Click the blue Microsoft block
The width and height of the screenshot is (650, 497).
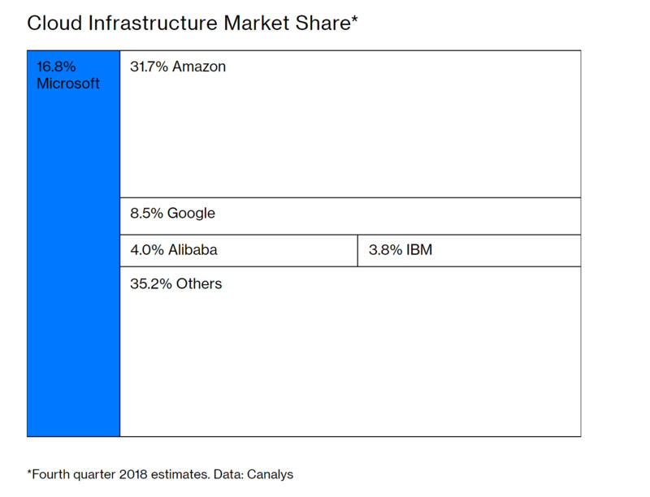(x=73, y=244)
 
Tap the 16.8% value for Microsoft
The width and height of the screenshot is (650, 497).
(x=56, y=67)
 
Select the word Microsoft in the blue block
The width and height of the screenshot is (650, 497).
(x=68, y=84)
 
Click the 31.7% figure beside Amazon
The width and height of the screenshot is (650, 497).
(x=149, y=67)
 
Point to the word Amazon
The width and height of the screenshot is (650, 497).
(x=199, y=67)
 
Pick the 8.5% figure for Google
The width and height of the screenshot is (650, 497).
(x=146, y=214)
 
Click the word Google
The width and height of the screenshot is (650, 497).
(x=191, y=214)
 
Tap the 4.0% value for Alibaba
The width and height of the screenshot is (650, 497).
(x=147, y=250)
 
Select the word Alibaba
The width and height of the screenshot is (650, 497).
(x=193, y=250)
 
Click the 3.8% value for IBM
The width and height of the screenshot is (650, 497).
(x=385, y=250)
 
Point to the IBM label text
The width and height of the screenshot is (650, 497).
(x=419, y=250)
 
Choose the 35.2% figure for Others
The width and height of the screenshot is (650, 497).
(x=151, y=284)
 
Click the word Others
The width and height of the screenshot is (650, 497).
(x=199, y=283)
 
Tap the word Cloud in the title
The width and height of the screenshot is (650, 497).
(x=54, y=23)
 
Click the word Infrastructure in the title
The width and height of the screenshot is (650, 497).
(x=153, y=23)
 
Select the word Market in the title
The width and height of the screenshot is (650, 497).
(x=257, y=23)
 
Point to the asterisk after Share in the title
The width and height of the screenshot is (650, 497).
(x=354, y=19)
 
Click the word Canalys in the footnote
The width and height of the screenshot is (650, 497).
(x=270, y=474)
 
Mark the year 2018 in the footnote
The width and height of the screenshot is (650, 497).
(x=133, y=474)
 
